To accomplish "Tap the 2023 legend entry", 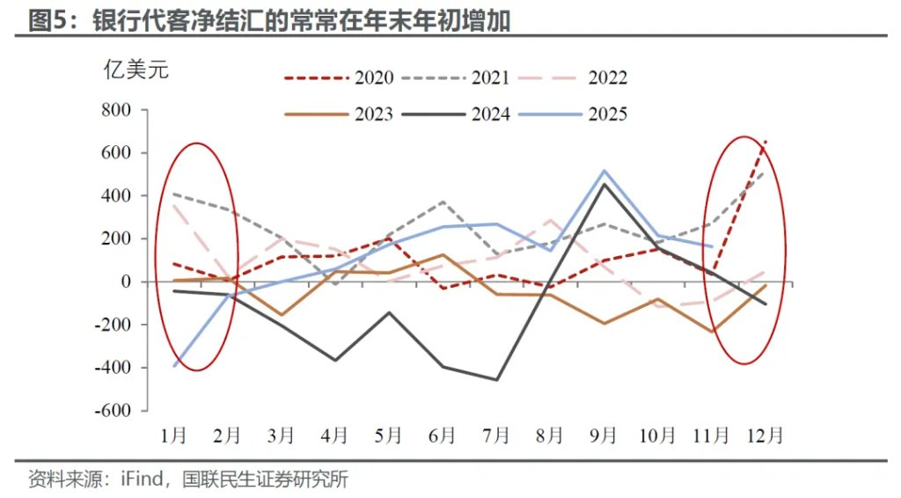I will click(x=339, y=114).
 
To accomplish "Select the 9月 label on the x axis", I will click(x=604, y=435).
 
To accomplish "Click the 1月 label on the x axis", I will click(x=173, y=435).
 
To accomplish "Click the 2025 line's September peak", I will click(x=604, y=171).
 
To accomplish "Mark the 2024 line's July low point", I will click(x=497, y=380).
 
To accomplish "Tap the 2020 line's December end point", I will click(x=765, y=140).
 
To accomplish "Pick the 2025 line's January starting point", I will click(x=174, y=366).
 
